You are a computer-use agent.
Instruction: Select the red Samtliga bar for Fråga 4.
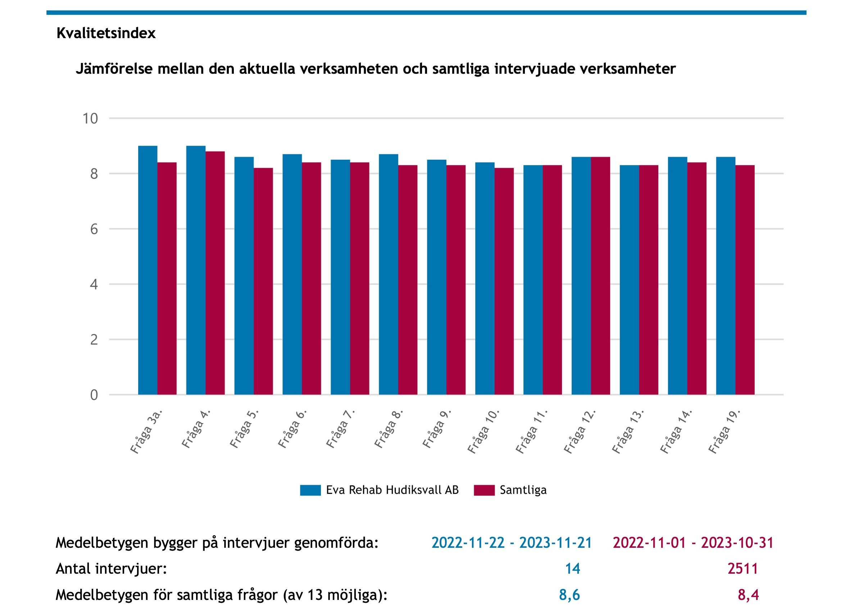coord(215,273)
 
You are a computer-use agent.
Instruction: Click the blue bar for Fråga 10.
coord(485,278)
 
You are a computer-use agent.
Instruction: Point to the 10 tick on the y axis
coord(90,119)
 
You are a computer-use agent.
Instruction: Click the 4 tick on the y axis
coord(94,284)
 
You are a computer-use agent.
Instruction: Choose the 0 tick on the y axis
coord(94,395)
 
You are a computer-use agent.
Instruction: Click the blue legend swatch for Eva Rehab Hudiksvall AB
coord(310,490)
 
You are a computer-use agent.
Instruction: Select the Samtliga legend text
coord(523,490)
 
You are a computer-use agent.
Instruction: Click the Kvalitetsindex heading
coord(106,33)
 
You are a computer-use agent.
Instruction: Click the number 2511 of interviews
coord(743,569)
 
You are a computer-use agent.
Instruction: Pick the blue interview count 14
coord(572,569)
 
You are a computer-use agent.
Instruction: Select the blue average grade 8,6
coord(569,595)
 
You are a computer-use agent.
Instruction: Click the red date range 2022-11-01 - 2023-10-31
coord(693,543)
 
